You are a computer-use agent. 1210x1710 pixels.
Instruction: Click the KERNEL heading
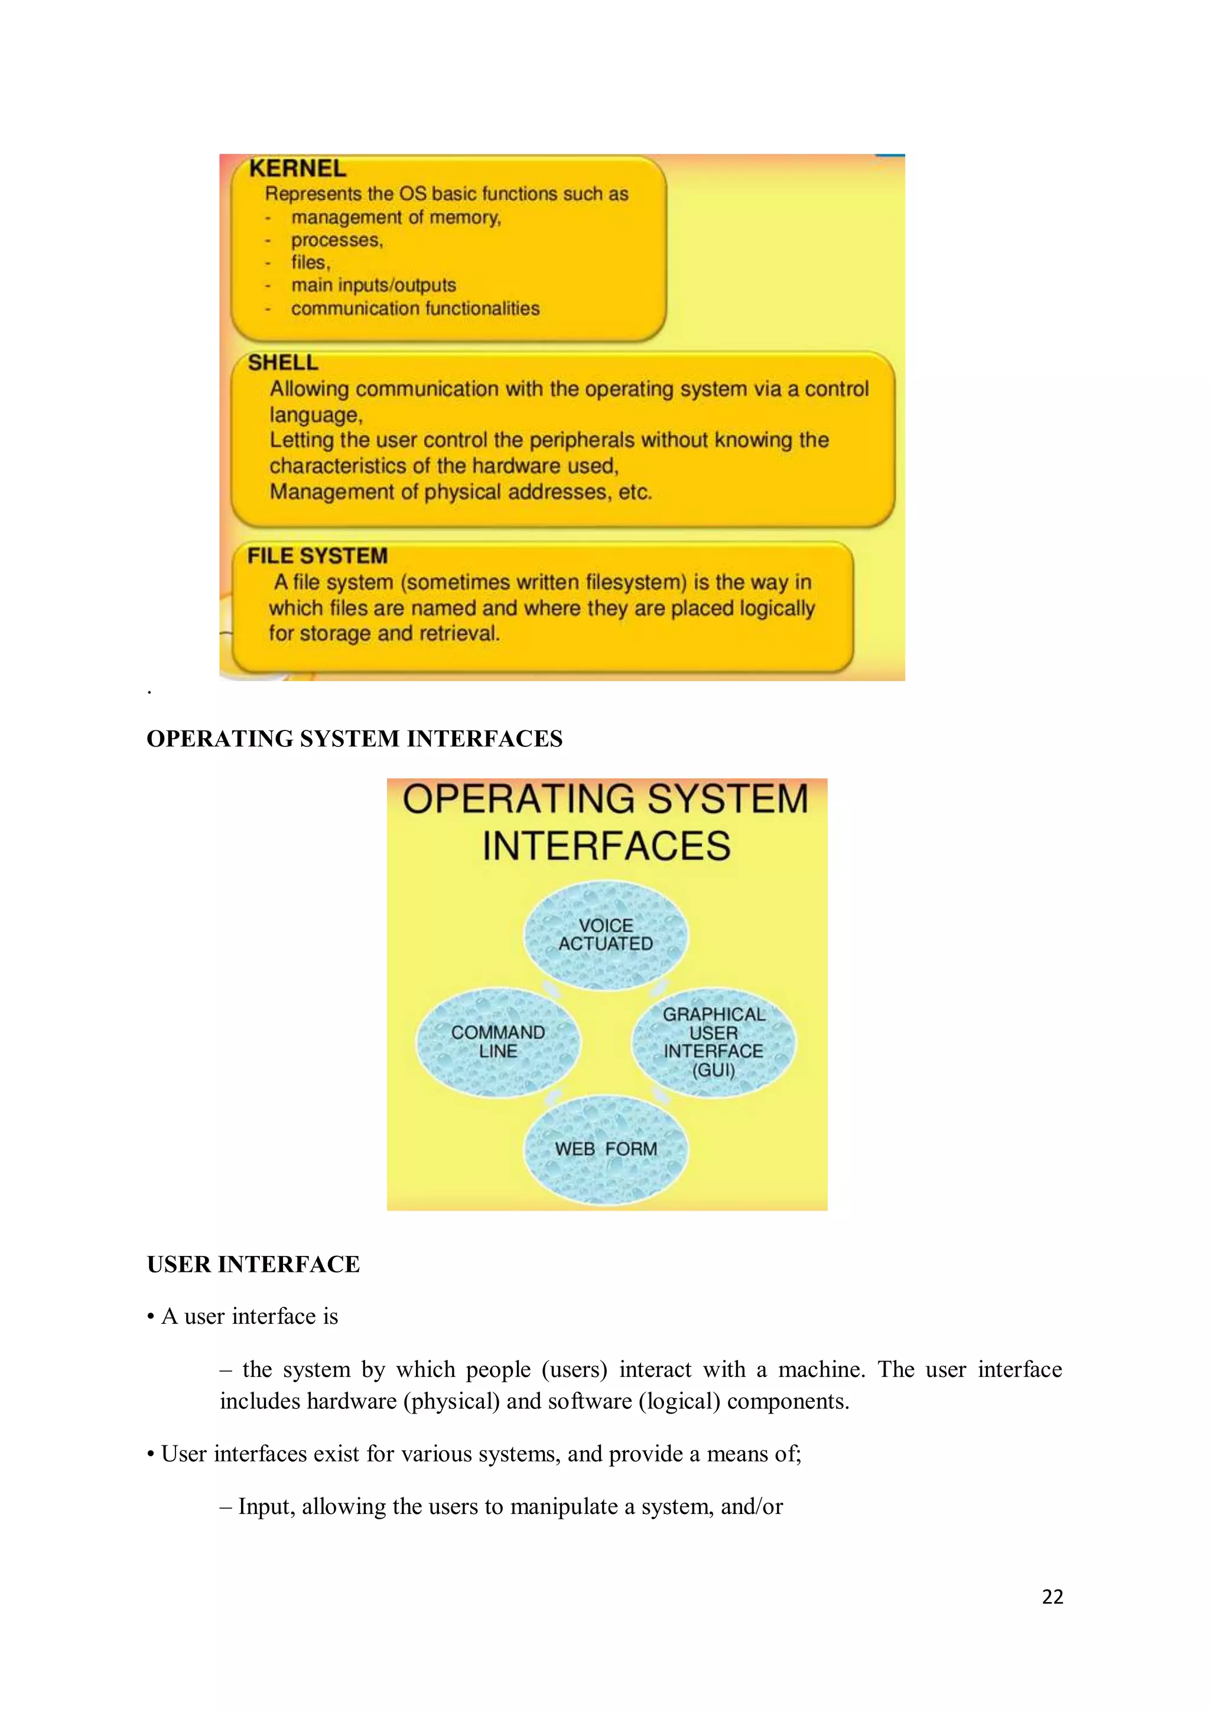[297, 168]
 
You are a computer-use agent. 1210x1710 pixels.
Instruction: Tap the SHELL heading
[283, 363]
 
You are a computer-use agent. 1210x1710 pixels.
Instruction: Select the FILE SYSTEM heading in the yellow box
[317, 556]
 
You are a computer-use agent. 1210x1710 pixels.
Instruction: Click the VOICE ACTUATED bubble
[606, 935]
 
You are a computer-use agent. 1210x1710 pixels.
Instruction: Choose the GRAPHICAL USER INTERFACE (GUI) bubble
[714, 1042]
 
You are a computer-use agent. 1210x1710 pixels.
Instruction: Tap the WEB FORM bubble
[606, 1148]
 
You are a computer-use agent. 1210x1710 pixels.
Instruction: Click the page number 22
[1052, 1596]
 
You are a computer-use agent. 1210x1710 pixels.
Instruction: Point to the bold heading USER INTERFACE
[253, 1264]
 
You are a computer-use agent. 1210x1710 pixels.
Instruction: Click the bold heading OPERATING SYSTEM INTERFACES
[354, 738]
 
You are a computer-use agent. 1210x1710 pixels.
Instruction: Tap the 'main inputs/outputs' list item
[373, 285]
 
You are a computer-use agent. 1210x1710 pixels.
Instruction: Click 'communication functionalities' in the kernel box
[415, 308]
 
